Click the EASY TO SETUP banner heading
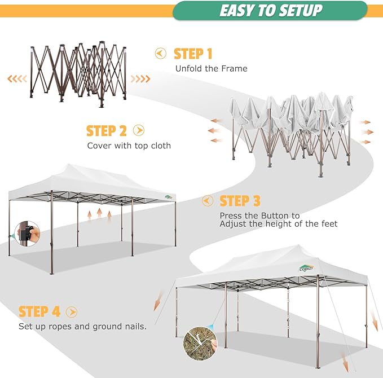270,10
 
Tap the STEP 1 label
193,54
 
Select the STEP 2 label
106,131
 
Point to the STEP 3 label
240,201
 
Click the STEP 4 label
39,311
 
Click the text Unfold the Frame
211,69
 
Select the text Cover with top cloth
129,146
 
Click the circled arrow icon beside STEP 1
161,54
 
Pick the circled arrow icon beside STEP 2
139,131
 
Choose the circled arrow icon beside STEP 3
208,201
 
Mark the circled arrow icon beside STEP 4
71,311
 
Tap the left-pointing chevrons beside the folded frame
17,78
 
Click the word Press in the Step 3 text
231,216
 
